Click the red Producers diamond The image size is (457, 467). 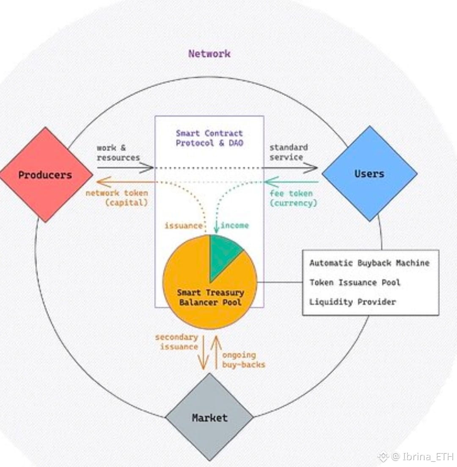pyautogui.click(x=46, y=175)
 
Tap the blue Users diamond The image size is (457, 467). pyautogui.click(x=369, y=173)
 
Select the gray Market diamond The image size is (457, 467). pyautogui.click(x=209, y=418)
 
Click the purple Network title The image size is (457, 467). pyautogui.click(x=209, y=54)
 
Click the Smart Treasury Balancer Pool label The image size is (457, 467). pyautogui.click(x=210, y=297)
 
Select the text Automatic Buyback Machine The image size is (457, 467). pyautogui.click(x=369, y=263)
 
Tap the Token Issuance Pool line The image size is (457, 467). pyautogui.click(x=355, y=283)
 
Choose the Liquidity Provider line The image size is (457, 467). pyautogui.click(x=352, y=302)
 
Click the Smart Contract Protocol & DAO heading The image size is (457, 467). pyautogui.click(x=209, y=138)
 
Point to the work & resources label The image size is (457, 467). pyautogui.click(x=118, y=153)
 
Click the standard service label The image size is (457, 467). pyautogui.click(x=289, y=152)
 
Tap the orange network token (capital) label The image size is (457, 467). pyautogui.click(x=117, y=198)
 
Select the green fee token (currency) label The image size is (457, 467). pyautogui.click(x=293, y=198)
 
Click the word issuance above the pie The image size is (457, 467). pyautogui.click(x=183, y=225)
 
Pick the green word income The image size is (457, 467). pyautogui.click(x=234, y=225)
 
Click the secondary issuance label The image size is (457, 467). pyautogui.click(x=176, y=342)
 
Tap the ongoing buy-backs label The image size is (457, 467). pyautogui.click(x=243, y=360)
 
